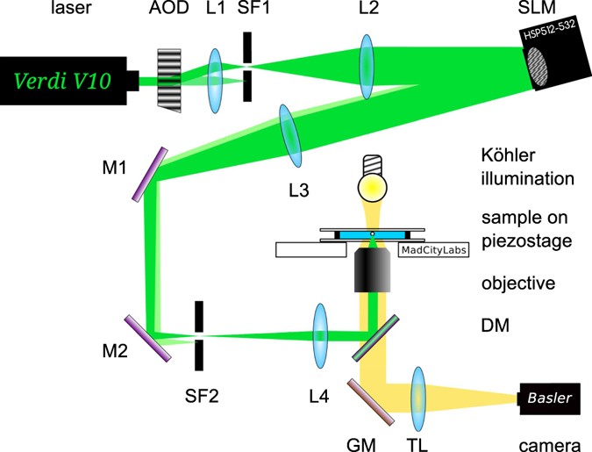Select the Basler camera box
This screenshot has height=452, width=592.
(548, 399)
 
